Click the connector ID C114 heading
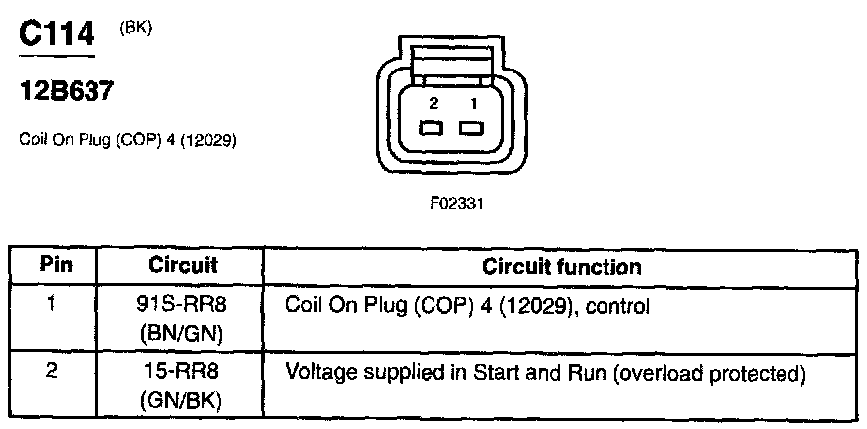[x=57, y=34]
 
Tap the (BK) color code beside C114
[x=135, y=29]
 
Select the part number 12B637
[x=66, y=90]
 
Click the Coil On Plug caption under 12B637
[x=127, y=141]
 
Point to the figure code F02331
[x=456, y=204]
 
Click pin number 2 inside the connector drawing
[x=434, y=104]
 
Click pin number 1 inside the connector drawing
[x=473, y=104]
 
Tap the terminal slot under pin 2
[x=432, y=129]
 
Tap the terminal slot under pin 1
[x=471, y=129]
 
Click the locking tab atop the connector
[x=450, y=62]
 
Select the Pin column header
[x=56, y=265]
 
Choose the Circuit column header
[x=183, y=265]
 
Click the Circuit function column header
[x=562, y=267]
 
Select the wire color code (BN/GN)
[x=181, y=335]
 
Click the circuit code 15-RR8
[x=181, y=372]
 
